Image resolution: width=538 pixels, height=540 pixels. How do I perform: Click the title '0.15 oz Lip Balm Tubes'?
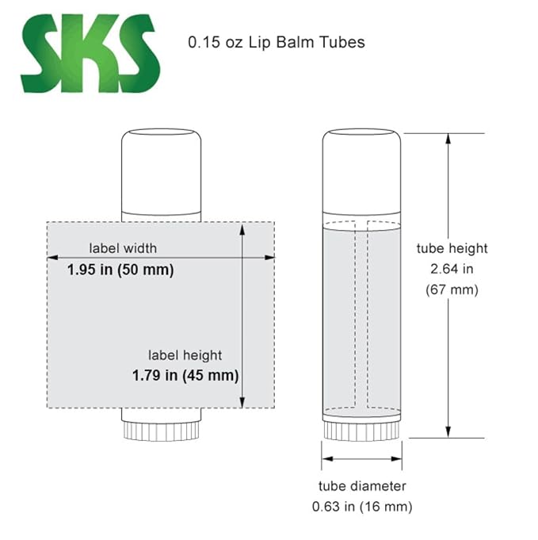tap(276, 42)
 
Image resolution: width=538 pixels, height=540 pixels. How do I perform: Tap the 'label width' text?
tap(123, 247)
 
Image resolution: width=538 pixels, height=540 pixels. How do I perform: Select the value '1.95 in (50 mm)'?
tap(120, 270)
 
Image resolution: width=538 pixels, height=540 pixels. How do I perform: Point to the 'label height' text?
tap(185, 354)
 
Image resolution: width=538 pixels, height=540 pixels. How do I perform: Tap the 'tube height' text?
tap(452, 248)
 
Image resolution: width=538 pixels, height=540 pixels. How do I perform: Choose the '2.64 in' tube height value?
tap(452, 269)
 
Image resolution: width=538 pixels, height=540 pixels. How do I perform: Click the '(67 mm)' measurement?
tap(452, 289)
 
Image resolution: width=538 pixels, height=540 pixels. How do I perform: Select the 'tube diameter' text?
tap(362, 485)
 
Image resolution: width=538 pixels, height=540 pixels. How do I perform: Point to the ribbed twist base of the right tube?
tap(361, 429)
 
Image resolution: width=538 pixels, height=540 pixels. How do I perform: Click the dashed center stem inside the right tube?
tap(361, 317)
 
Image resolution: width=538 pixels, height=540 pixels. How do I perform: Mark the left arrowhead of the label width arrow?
tap(52, 258)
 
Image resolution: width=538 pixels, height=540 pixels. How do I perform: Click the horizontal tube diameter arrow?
tap(361, 458)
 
